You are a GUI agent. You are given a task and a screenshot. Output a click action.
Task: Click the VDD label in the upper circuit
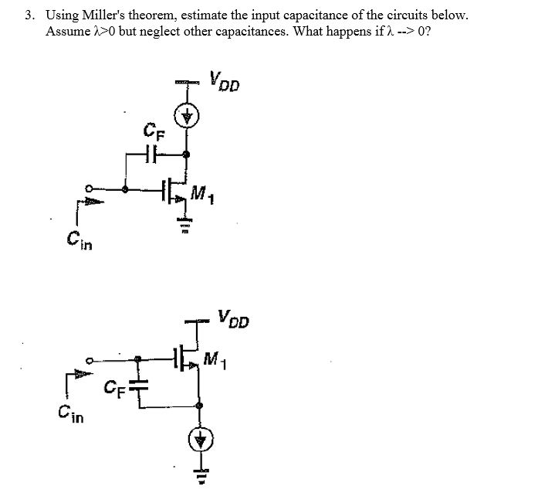coord(224,80)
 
